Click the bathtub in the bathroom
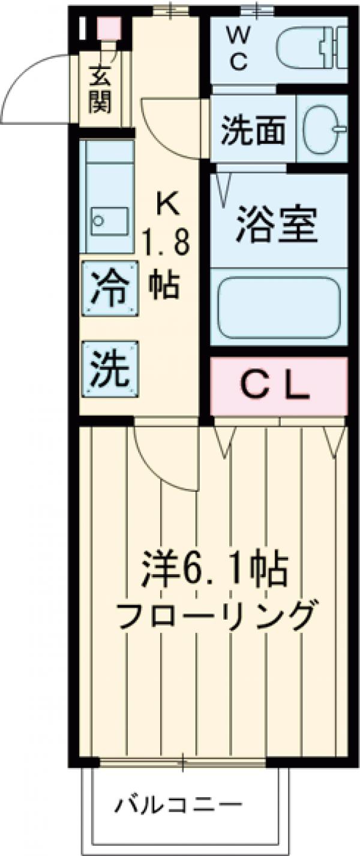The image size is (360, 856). [x=278, y=307]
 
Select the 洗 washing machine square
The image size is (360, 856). [x=110, y=367]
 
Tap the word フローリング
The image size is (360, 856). [x=214, y=614]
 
